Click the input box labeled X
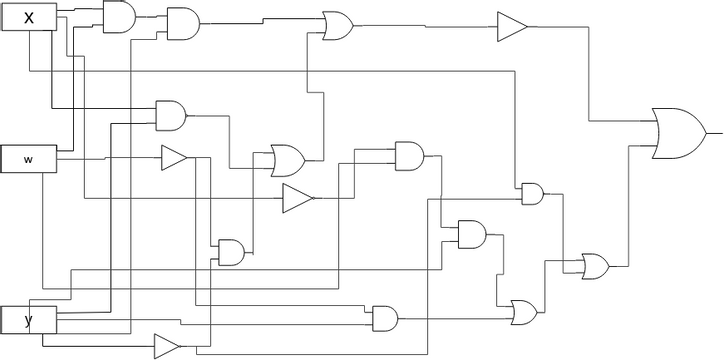(28, 17)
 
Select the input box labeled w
(28, 158)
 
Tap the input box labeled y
(28, 320)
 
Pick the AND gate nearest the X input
(119, 16)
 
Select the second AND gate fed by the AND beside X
(183, 22)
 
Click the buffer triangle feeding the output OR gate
(511, 27)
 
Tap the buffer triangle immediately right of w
(174, 158)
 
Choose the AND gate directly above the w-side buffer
(171, 115)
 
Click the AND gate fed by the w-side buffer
(231, 252)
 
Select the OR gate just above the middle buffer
(288, 159)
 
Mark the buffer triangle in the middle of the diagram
(297, 199)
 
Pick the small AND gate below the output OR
(531, 193)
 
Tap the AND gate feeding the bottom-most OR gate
(471, 235)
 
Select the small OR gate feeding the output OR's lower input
(595, 265)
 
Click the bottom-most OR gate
(524, 312)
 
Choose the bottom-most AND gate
(384, 318)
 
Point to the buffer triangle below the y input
(166, 346)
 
